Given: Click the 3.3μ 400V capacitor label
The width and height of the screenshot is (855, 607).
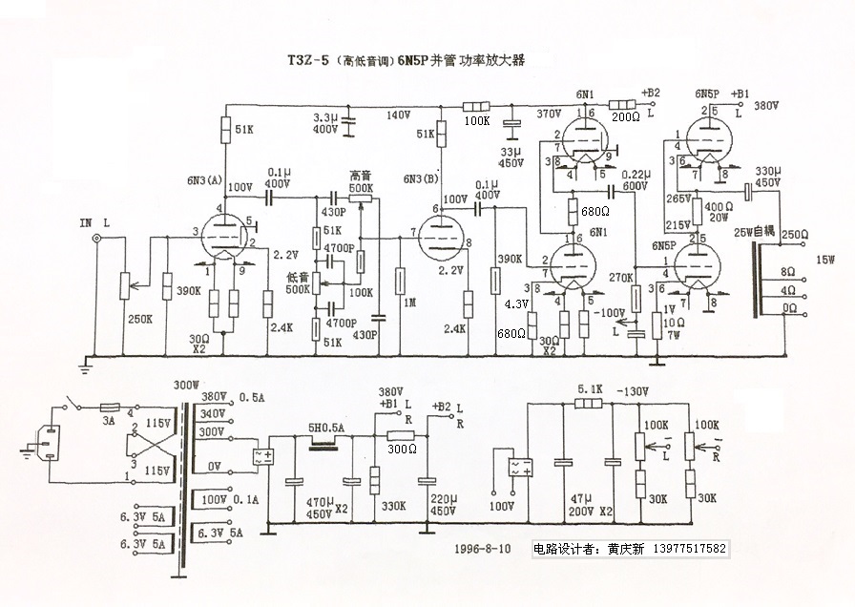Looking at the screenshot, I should tap(325, 122).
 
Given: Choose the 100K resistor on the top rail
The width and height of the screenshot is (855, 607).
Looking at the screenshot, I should tap(475, 107).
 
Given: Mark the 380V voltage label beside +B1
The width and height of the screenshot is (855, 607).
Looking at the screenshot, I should tap(767, 106).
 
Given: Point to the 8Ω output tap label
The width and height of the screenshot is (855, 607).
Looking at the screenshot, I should tap(787, 271).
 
